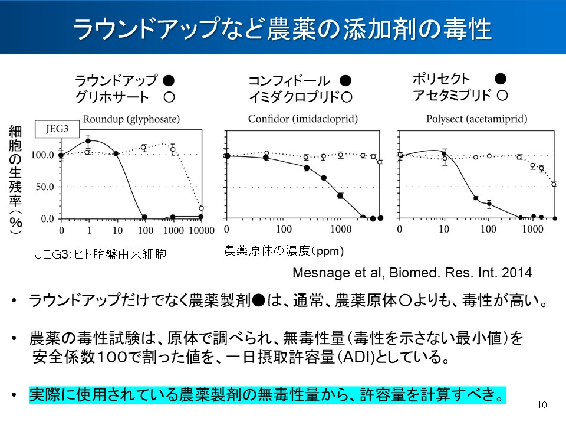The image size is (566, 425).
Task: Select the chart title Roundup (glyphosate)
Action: pos(131,119)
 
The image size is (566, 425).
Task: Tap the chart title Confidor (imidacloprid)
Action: pos(303,119)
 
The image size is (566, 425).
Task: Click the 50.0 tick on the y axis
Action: pos(46,187)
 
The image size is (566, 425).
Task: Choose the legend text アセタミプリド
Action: pos(452,94)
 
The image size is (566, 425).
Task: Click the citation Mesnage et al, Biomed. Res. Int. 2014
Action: pos(412,273)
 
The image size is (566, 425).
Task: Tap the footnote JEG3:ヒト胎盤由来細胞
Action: pos(101,254)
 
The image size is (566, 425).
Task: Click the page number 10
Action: pos(542,405)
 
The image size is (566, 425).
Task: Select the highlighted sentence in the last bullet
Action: pos(267,394)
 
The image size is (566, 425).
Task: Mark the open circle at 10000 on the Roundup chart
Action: pos(201,208)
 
